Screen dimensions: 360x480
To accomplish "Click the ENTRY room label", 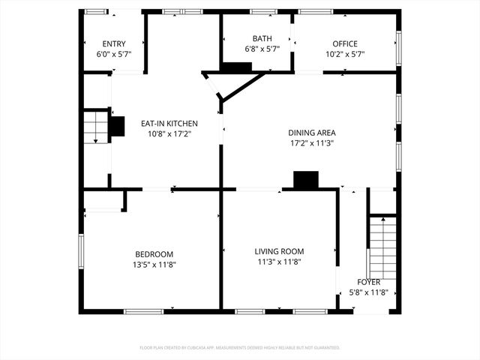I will click(x=115, y=43).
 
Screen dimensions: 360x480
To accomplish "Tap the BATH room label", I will click(x=262, y=38).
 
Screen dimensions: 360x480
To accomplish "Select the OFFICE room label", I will click(x=345, y=43).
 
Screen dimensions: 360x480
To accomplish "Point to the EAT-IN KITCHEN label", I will click(x=169, y=123).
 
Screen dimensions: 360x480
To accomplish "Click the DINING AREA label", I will click(x=311, y=133).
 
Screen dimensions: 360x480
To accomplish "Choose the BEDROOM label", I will click(x=154, y=254).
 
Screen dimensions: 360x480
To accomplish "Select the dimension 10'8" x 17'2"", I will click(x=169, y=133).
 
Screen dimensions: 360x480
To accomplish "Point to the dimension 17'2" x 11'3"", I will click(x=311, y=143).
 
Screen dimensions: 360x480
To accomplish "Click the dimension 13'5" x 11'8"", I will click(x=154, y=264).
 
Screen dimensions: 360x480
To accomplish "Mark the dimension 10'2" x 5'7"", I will click(x=345, y=54).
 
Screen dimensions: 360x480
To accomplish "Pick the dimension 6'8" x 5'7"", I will click(x=262, y=49).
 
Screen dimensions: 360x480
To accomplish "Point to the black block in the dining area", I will click(x=305, y=180).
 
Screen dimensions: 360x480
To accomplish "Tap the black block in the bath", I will click(x=237, y=67).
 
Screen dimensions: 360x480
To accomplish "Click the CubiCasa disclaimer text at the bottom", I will click(x=240, y=348).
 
